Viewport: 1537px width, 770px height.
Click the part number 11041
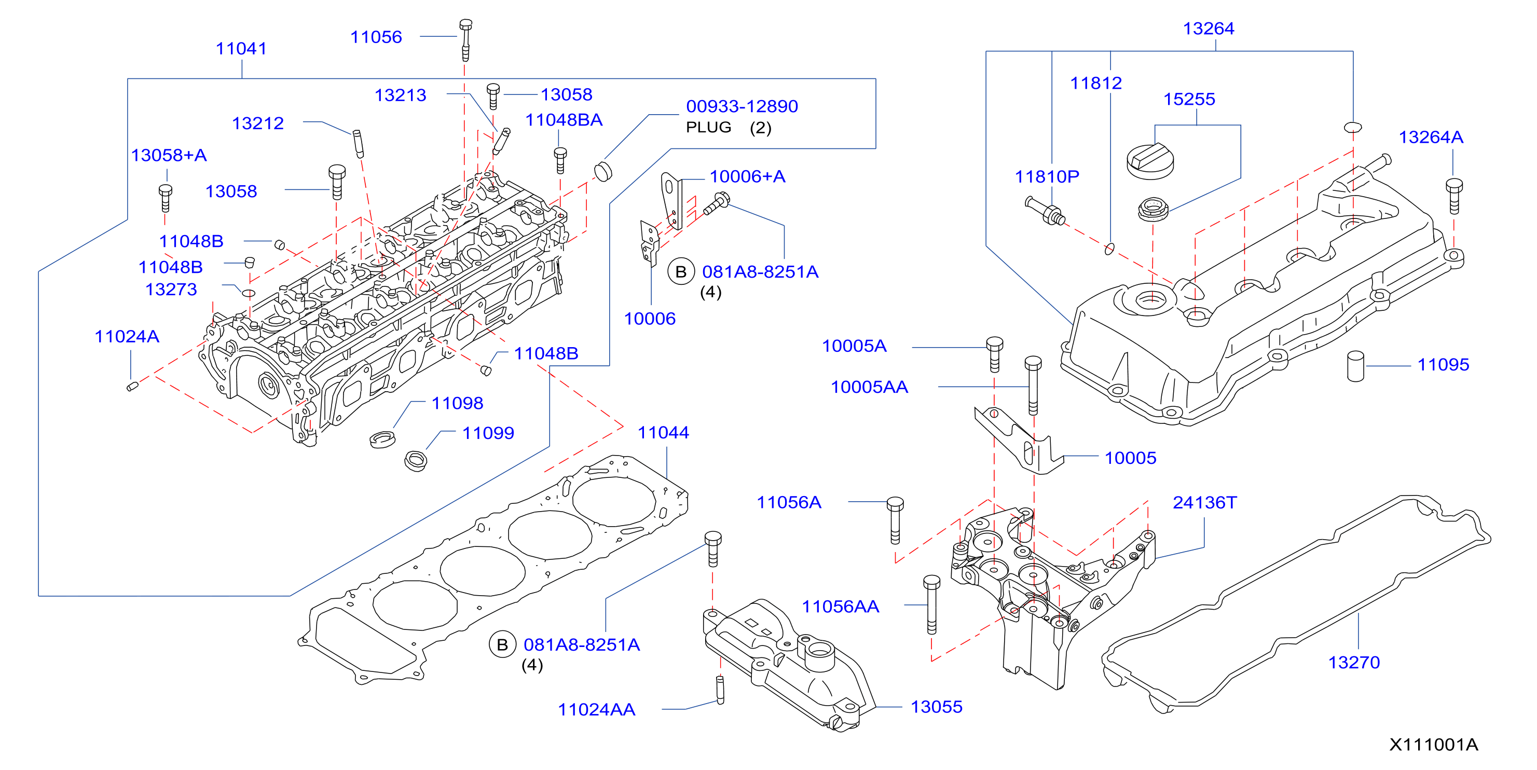click(x=241, y=48)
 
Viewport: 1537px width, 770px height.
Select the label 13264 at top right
click(x=1208, y=28)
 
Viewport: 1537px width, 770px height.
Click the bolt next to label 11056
click(x=465, y=40)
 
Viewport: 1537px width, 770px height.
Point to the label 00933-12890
click(x=742, y=106)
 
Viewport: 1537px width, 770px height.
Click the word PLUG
click(x=708, y=127)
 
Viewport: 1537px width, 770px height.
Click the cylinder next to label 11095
click(x=1355, y=366)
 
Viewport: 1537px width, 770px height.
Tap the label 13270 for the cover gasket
click(x=1354, y=662)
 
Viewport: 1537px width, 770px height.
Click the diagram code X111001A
click(x=1433, y=745)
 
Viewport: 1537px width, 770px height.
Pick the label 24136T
click(x=1205, y=502)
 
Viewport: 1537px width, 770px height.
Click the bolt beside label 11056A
click(x=895, y=519)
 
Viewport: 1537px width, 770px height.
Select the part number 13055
click(x=936, y=707)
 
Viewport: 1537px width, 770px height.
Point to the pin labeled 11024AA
click(x=720, y=690)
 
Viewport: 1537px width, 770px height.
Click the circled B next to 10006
click(x=681, y=272)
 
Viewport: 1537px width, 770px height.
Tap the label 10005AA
click(x=869, y=387)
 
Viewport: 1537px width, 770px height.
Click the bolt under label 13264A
click(x=1454, y=196)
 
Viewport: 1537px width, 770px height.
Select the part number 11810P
click(x=1047, y=176)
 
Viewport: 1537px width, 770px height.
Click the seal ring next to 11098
click(x=382, y=439)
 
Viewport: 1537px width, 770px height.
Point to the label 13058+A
click(x=169, y=155)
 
